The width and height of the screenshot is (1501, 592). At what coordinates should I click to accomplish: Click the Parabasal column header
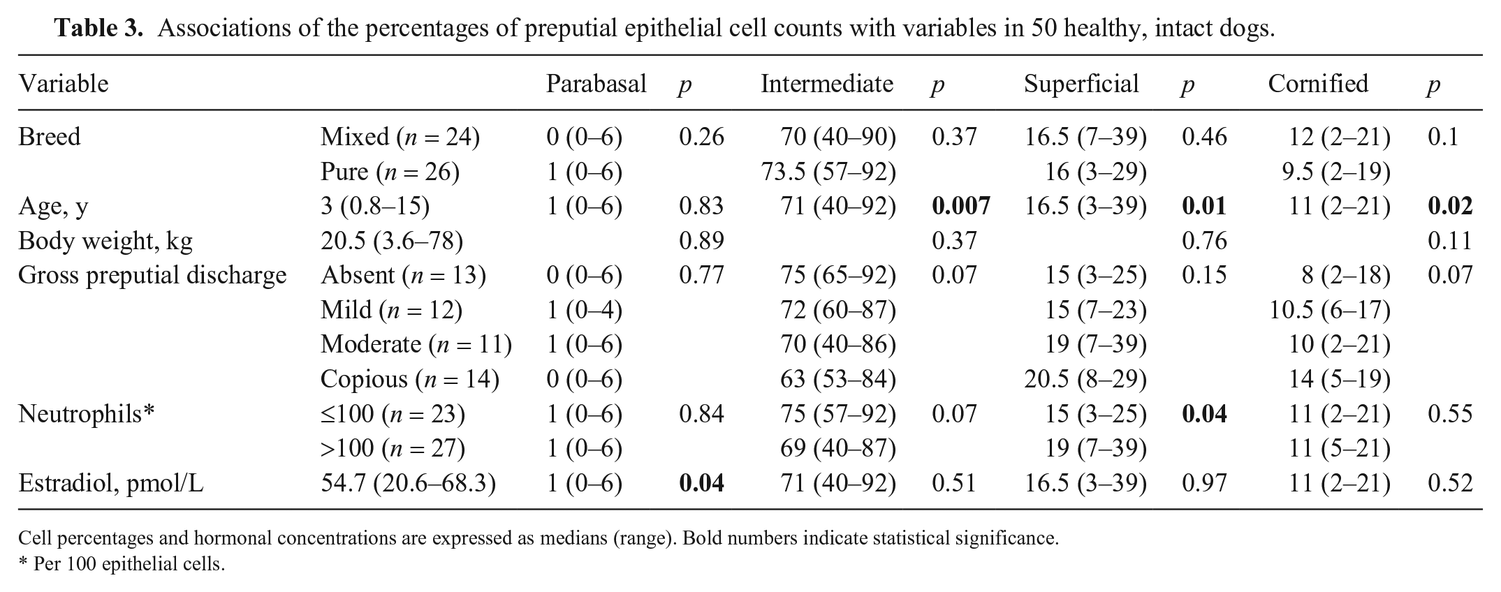tap(596, 84)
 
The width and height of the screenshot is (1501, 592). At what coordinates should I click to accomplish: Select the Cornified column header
tap(1318, 84)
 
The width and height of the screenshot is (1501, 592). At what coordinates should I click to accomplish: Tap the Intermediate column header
tap(827, 84)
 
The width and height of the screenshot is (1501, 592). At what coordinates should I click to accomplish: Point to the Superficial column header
tap(1081, 84)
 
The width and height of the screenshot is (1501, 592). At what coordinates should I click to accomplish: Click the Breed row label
tap(50, 136)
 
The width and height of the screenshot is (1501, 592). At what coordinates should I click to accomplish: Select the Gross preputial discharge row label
tap(152, 275)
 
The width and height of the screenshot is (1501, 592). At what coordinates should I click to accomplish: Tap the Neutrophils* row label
tap(86, 414)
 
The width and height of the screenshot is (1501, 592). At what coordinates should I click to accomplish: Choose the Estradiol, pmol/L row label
tap(111, 483)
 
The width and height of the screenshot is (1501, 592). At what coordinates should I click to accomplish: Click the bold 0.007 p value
tap(961, 206)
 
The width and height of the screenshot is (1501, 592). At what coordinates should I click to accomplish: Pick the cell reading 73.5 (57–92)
tap(828, 171)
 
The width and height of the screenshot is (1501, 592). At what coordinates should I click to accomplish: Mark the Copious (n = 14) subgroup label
tap(410, 379)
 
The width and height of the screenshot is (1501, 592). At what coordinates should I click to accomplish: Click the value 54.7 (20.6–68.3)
tap(408, 483)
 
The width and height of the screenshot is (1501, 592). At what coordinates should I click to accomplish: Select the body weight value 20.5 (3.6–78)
tap(392, 241)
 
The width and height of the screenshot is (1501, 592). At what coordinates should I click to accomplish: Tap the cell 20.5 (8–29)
tap(1085, 379)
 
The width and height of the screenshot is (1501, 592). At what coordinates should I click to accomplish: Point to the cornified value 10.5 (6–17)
tap(1330, 310)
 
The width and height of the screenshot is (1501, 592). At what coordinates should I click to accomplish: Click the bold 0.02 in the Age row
tap(1450, 206)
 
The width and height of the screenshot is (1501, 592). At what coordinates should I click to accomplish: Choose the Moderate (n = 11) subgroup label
tap(416, 344)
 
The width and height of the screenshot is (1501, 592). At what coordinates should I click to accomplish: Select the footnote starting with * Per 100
tap(122, 563)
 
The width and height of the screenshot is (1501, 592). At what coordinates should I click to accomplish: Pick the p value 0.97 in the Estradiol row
tap(1204, 483)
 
